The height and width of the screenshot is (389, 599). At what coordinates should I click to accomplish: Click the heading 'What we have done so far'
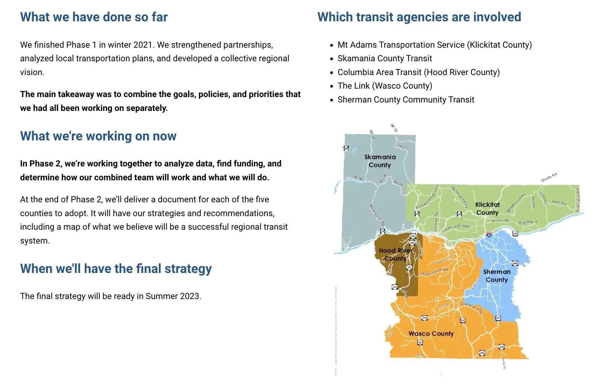[x=94, y=17]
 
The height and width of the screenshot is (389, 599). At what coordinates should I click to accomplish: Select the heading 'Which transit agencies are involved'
[x=419, y=17]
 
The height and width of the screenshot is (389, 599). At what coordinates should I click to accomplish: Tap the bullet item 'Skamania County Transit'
[x=385, y=59]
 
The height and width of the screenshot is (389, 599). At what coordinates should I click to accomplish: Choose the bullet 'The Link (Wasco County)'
[x=385, y=86]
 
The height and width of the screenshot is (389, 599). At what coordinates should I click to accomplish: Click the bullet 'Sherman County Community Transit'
[x=406, y=100]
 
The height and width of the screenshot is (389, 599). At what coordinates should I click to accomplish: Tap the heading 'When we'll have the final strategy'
[x=116, y=269]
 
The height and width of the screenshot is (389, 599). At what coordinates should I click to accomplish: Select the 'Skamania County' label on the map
[x=380, y=161]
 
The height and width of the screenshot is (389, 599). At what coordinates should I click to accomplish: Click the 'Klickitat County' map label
[x=487, y=209]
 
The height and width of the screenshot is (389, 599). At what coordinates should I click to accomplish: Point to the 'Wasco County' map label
[x=431, y=334]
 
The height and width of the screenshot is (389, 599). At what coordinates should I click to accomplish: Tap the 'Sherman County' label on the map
[x=497, y=276]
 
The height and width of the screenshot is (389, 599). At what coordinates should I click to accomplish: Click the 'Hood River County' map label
[x=395, y=254]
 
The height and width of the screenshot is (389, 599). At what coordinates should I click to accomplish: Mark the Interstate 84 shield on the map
[x=489, y=235]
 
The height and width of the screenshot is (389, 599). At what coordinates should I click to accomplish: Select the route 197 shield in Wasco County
[x=463, y=320]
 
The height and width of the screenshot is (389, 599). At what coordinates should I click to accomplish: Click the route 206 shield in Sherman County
[x=515, y=263]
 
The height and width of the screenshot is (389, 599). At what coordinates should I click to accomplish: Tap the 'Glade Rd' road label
[x=549, y=177]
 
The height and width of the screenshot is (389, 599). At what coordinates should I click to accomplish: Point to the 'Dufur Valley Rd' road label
[x=434, y=272]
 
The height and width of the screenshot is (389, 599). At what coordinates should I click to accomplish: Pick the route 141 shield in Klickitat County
[x=417, y=214]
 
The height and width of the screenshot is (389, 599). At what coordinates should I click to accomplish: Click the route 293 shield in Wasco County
[x=482, y=353]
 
